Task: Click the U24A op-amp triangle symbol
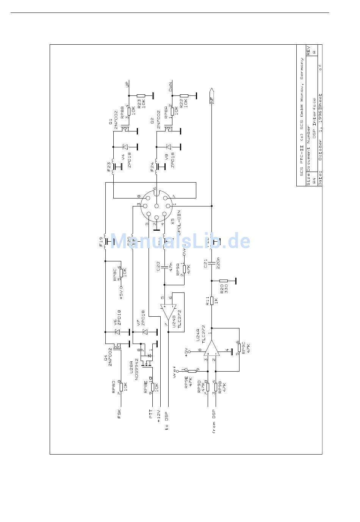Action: [211, 348]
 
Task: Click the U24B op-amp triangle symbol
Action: [168, 312]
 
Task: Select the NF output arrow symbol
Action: [211, 95]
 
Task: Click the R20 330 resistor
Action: [224, 281]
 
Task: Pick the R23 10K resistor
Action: [141, 96]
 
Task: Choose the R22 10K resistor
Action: [184, 96]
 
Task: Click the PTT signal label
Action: [151, 414]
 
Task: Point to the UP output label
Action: [127, 84]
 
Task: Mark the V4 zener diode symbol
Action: [125, 147]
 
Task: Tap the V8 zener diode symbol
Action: [169, 147]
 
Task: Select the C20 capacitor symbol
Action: [164, 267]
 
